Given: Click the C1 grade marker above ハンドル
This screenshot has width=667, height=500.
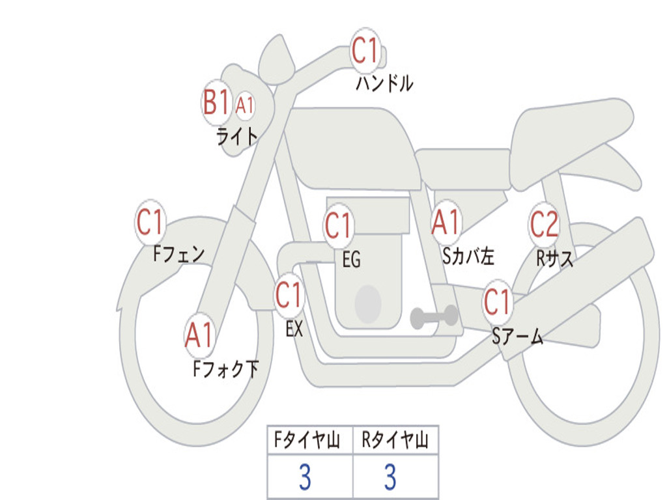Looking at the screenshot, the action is click(x=365, y=50).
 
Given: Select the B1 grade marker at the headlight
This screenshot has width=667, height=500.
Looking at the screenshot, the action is click(x=216, y=102).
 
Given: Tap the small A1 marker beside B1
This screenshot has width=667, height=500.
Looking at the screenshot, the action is click(x=244, y=105).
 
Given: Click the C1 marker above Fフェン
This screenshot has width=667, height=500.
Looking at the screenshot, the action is click(x=150, y=223).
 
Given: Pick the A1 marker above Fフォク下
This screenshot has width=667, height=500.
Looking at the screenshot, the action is click(x=199, y=335).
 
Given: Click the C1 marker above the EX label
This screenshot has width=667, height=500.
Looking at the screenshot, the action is click(x=289, y=296).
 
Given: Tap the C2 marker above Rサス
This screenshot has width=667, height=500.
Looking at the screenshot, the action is click(x=544, y=225).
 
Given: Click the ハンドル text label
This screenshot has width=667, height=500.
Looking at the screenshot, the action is click(x=384, y=83).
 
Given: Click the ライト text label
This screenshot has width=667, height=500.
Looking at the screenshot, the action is click(x=237, y=135).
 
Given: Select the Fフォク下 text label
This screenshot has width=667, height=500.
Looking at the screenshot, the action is click(x=225, y=369).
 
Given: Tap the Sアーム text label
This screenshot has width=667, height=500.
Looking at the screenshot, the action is click(x=517, y=337).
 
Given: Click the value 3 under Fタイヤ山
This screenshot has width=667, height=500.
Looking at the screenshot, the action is click(x=304, y=478).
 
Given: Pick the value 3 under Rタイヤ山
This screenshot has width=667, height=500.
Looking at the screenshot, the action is click(x=390, y=478).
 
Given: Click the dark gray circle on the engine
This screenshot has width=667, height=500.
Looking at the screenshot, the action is click(x=368, y=304).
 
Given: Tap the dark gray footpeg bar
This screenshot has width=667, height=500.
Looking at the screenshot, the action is click(x=434, y=317).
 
